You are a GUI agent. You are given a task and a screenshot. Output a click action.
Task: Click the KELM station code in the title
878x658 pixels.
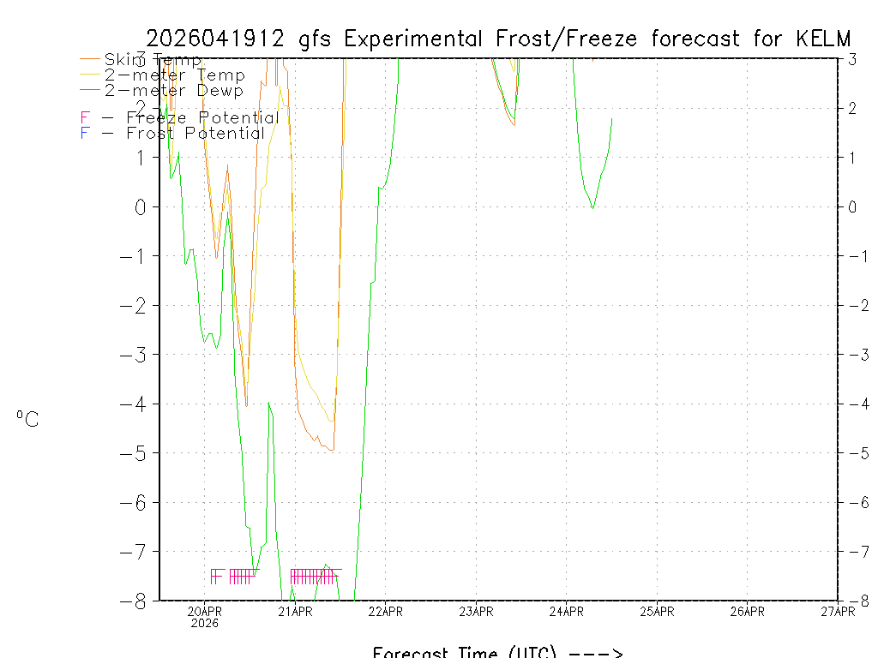point(823,39)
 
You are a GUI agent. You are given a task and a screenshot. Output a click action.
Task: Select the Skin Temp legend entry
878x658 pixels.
point(153,60)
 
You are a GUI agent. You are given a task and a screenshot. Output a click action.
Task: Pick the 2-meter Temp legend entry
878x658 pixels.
point(174,75)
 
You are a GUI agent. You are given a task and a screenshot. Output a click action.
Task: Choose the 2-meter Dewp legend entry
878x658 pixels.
point(173,90)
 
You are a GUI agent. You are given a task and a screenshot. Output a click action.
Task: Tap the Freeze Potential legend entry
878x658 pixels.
point(180,117)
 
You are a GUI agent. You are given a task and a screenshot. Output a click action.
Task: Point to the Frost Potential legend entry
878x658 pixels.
point(172,133)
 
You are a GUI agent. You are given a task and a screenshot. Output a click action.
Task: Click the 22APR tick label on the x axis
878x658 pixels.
point(385,611)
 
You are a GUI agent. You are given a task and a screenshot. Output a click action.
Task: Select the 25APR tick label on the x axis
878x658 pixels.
point(657,611)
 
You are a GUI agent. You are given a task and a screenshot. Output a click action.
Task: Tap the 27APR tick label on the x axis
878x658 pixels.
point(838,611)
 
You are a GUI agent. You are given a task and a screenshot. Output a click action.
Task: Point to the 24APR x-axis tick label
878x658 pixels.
point(566,611)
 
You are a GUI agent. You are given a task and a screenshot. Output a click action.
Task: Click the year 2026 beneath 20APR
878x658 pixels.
point(204,623)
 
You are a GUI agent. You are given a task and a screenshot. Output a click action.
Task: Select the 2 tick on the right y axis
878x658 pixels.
point(852,108)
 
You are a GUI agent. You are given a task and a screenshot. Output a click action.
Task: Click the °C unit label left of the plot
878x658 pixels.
point(27,419)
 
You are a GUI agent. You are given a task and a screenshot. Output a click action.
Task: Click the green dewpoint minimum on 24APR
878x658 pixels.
point(592,207)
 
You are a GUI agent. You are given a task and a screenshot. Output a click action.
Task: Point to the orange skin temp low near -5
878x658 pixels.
point(331,450)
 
